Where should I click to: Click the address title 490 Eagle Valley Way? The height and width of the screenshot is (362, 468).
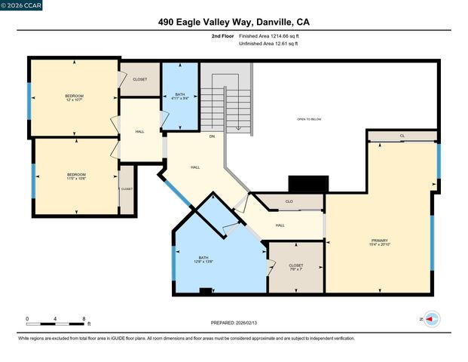(234, 23)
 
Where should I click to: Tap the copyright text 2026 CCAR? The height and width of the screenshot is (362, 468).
(22, 5)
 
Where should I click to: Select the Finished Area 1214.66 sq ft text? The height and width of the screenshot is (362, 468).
(269, 35)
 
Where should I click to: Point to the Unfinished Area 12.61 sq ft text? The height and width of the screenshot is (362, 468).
(268, 44)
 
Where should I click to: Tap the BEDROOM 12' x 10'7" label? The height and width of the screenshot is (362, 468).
(74, 98)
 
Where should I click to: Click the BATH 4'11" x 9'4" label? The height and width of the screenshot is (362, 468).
(180, 95)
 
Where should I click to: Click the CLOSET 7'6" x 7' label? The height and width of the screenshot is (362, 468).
(296, 268)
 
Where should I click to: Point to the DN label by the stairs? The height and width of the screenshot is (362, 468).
(212, 137)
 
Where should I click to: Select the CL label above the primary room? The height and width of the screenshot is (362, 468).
(402, 136)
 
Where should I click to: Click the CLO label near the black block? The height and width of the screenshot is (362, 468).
(289, 201)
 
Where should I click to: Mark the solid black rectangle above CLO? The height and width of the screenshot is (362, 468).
(309, 184)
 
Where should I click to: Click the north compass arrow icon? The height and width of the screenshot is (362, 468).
(430, 319)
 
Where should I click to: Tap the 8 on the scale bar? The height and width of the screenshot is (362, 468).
(84, 318)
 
